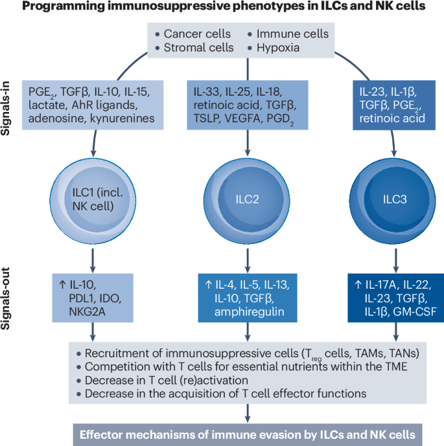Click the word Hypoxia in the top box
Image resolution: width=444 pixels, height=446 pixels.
pos(286,48)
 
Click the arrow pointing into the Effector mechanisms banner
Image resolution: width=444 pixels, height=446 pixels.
pos(246,414)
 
